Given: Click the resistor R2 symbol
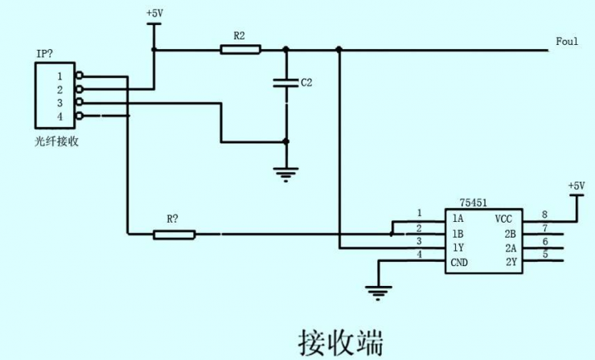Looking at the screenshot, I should click(x=240, y=50).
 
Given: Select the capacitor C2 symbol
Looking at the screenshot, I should click(x=286, y=83).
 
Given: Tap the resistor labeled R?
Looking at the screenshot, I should click(x=174, y=235).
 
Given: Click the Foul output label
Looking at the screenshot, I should click(x=567, y=41).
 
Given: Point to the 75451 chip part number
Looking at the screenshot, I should click(x=473, y=204).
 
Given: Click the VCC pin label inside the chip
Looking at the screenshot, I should click(x=503, y=219).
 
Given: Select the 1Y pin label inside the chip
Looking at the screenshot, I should click(x=458, y=248).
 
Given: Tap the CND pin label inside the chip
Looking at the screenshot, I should click(x=459, y=263).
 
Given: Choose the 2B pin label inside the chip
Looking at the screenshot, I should click(x=510, y=234).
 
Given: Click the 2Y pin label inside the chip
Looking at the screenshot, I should click(x=510, y=263).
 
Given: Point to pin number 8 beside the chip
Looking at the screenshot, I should click(x=544, y=214).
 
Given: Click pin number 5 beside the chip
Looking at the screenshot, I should click(x=544, y=255).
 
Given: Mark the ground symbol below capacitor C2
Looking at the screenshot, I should click(x=286, y=171).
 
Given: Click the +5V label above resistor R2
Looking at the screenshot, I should click(x=154, y=14).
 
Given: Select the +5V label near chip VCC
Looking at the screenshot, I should click(x=577, y=186).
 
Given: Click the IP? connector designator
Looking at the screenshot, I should click(x=46, y=53).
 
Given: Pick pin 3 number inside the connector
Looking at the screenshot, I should click(x=59, y=103).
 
